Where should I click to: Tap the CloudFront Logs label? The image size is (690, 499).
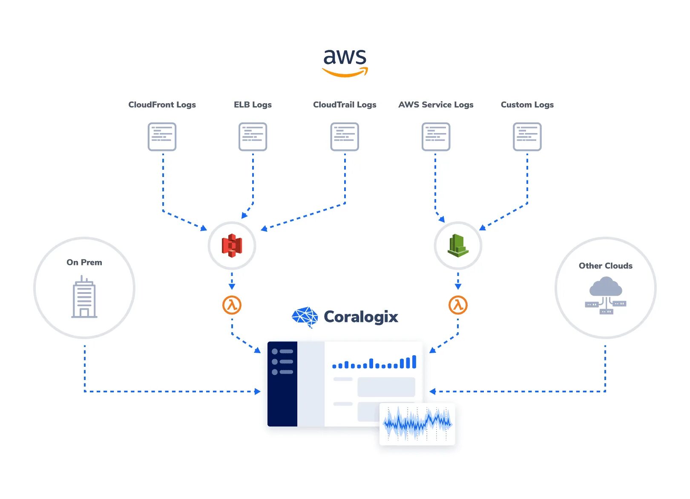point(162,104)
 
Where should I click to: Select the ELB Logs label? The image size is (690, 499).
point(253,104)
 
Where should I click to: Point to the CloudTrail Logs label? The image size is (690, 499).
point(345,104)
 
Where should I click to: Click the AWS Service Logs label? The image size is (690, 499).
point(436,104)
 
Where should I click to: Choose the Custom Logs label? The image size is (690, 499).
point(527,104)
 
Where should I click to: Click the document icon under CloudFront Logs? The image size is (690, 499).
point(162,136)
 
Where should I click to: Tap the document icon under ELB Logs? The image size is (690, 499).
point(253,136)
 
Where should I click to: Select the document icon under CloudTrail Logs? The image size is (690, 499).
point(345,136)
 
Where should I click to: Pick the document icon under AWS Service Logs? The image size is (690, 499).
point(436,136)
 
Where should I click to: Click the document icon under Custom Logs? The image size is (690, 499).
point(527,136)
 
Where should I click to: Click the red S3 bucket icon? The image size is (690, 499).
point(232,246)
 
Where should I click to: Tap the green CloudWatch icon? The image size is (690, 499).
point(458,246)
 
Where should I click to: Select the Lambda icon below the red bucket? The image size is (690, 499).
point(232,305)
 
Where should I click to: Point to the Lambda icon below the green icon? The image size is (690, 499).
point(458,305)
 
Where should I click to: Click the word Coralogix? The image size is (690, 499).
point(361,317)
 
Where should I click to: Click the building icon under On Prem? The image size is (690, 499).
point(84,297)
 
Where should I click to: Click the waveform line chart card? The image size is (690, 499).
point(417,424)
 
